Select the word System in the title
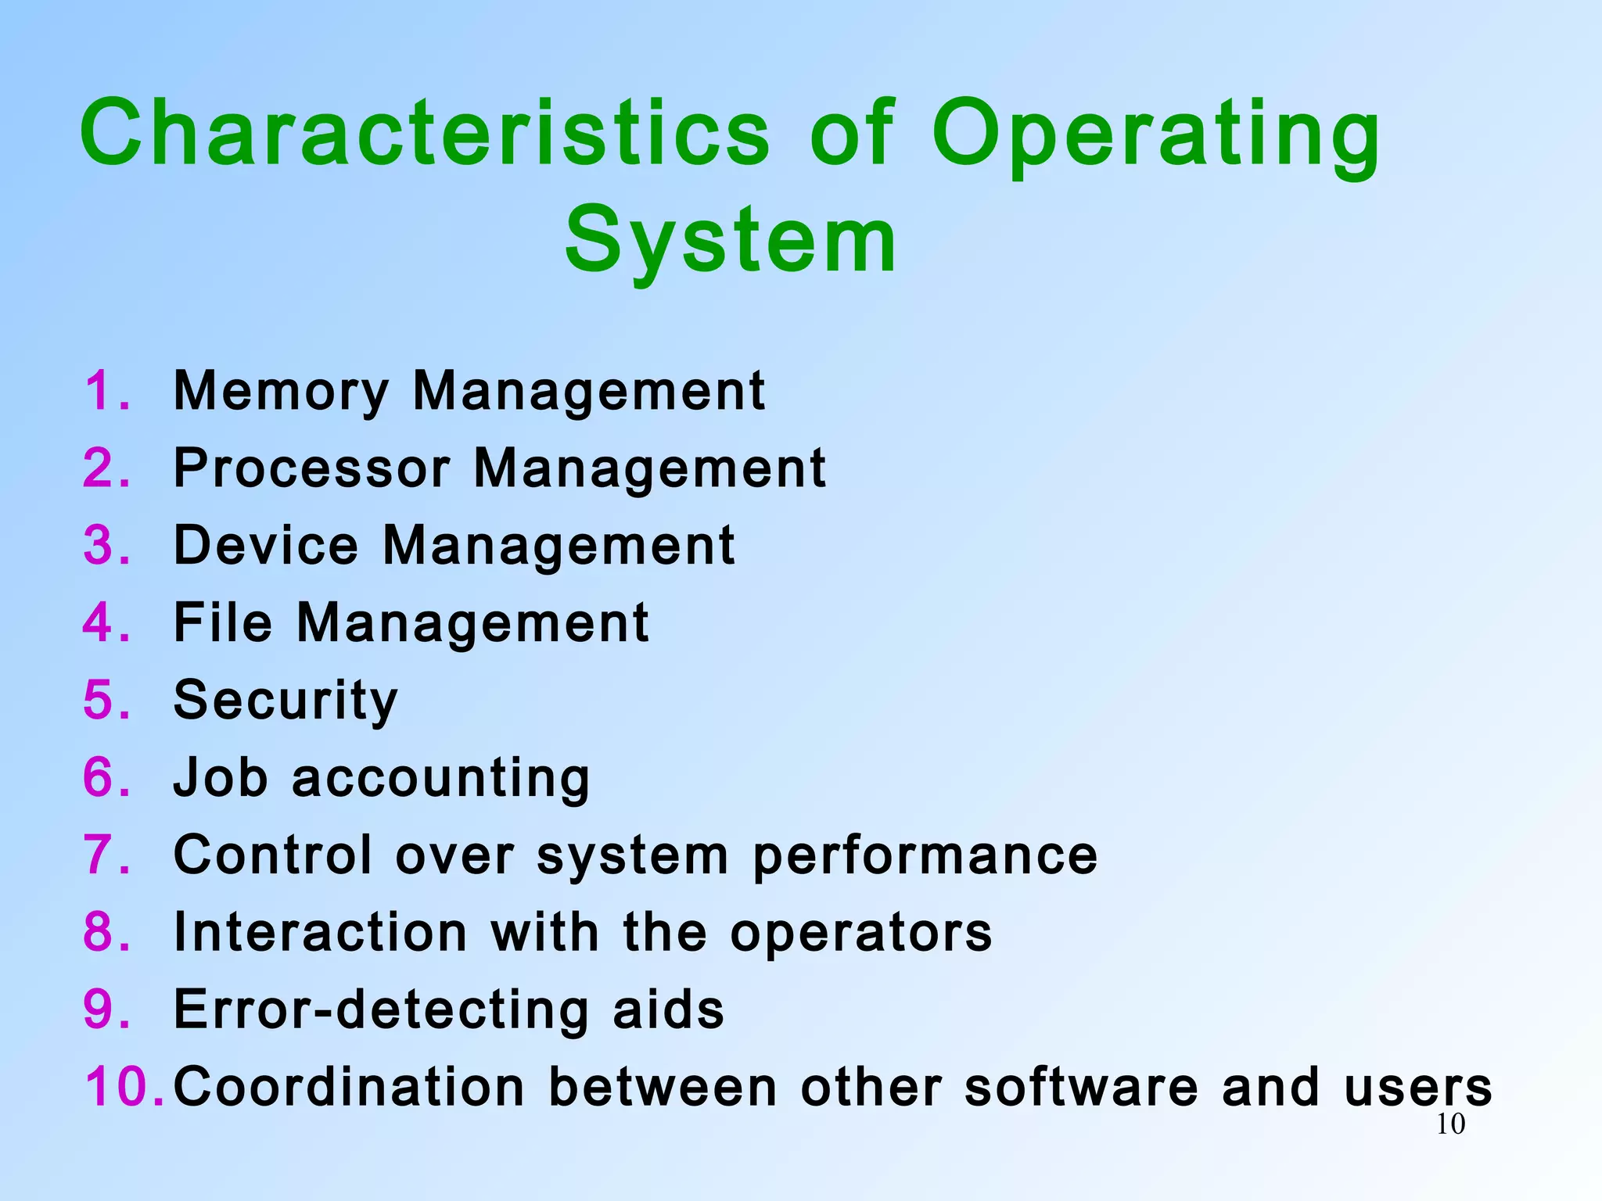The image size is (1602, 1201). pyautogui.click(x=731, y=241)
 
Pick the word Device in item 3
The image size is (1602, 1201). pyautogui.click(x=266, y=545)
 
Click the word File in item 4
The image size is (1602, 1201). pyautogui.click(x=223, y=622)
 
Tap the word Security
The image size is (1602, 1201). pyautogui.click(x=286, y=701)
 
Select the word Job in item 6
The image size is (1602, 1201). pyautogui.click(x=221, y=778)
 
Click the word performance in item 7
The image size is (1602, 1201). pyautogui.click(x=925, y=856)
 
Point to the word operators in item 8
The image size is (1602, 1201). pyautogui.click(x=861, y=932)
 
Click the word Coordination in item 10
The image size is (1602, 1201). pyautogui.click(x=349, y=1087)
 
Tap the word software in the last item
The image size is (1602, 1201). pyautogui.click(x=1081, y=1087)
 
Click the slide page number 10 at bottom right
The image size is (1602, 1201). pyautogui.click(x=1450, y=1124)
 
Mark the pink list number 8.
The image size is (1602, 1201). pyautogui.click(x=106, y=932)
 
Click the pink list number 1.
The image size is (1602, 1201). pyautogui.click(x=106, y=391)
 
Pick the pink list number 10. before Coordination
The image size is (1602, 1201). pyautogui.click(x=124, y=1087)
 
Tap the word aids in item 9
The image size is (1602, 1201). pyautogui.click(x=669, y=1009)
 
